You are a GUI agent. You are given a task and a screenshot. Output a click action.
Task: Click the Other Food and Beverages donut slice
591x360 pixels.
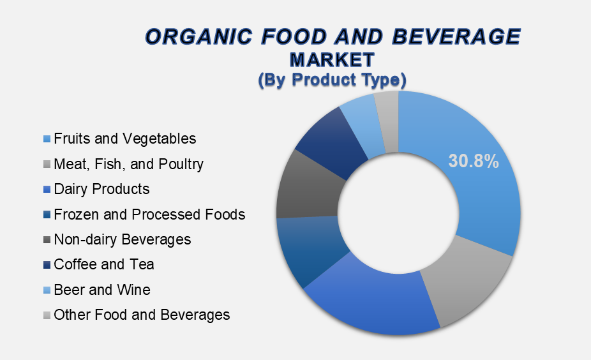coord(388,121)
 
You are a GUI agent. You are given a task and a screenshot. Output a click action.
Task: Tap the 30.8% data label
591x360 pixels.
coord(474,161)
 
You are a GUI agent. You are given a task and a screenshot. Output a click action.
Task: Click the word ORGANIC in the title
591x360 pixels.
coord(198,36)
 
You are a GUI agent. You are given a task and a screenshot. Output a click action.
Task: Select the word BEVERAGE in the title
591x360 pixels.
coord(456,36)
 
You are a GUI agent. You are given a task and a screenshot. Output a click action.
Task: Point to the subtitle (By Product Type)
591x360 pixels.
coord(332,80)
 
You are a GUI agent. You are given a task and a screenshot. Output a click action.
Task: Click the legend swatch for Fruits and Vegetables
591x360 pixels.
coord(47,139)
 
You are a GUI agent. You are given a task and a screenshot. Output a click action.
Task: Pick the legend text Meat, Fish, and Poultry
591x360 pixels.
coord(128,164)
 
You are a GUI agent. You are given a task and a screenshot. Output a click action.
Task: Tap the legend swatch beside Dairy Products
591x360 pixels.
coord(47,190)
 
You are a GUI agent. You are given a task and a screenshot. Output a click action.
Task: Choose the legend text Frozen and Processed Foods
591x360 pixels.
coord(149,214)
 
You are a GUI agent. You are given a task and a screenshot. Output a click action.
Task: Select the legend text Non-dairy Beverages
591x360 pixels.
coord(123,240)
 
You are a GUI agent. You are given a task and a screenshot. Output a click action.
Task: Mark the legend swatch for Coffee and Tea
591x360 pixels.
coord(47,265)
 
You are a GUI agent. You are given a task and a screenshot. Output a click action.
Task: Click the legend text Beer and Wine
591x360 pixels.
coord(102,290)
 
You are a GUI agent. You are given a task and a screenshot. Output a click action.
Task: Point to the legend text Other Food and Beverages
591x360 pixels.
coord(142,315)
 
